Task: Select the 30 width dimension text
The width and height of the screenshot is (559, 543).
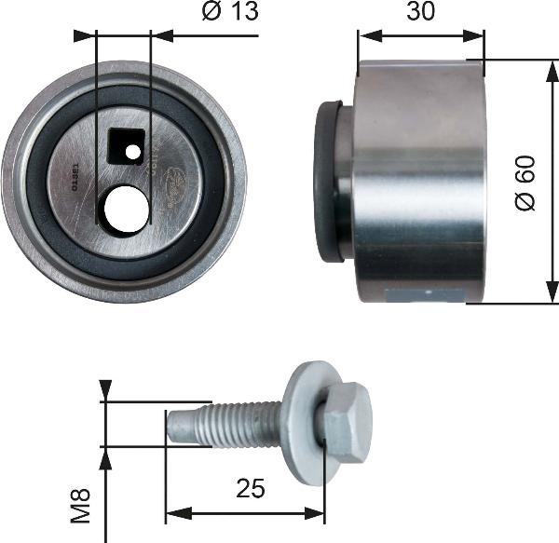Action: pyautogui.click(x=420, y=13)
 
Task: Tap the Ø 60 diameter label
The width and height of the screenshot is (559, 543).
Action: pyautogui.click(x=526, y=183)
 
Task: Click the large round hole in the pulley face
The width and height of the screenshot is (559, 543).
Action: pyautogui.click(x=126, y=209)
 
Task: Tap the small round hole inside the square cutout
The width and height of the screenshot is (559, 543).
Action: pyautogui.click(x=133, y=151)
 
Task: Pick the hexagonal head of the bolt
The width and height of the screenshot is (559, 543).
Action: pyautogui.click(x=348, y=424)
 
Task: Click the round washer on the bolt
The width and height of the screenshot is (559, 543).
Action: pyautogui.click(x=304, y=424)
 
